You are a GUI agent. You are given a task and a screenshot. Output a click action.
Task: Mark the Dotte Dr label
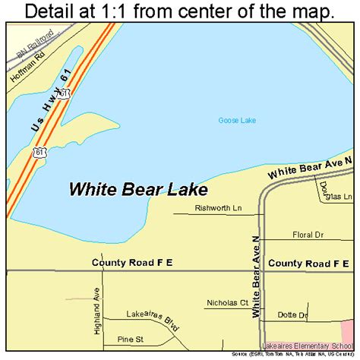pos(292,315)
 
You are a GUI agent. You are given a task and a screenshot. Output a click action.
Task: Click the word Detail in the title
pos(53,11)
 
